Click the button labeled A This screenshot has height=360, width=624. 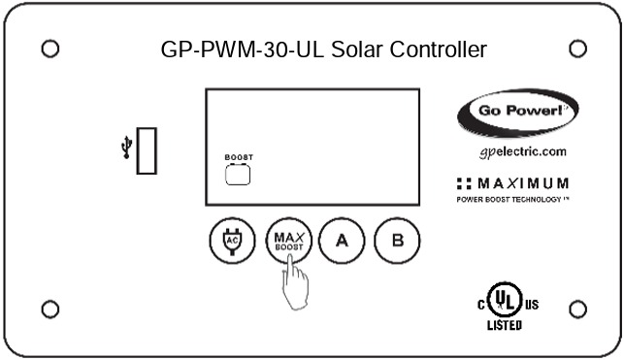click(341, 241)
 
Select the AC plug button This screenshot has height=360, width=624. click(231, 241)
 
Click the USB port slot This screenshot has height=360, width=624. click(147, 150)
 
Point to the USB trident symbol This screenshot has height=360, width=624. click(125, 148)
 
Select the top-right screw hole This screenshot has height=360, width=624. click(577, 48)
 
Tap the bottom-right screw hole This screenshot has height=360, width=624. click(577, 309)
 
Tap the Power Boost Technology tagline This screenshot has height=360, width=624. click(509, 199)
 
